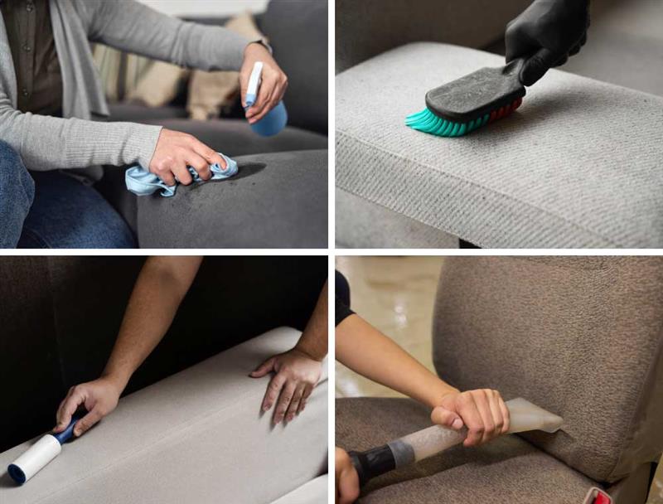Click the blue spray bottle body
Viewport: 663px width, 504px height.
coord(271,119)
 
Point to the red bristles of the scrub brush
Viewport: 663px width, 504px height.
coord(506,108)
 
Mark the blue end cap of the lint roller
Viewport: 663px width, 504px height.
coord(16,474)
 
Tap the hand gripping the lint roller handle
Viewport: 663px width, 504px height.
coord(86,403)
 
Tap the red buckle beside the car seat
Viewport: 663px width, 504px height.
coord(598,496)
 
